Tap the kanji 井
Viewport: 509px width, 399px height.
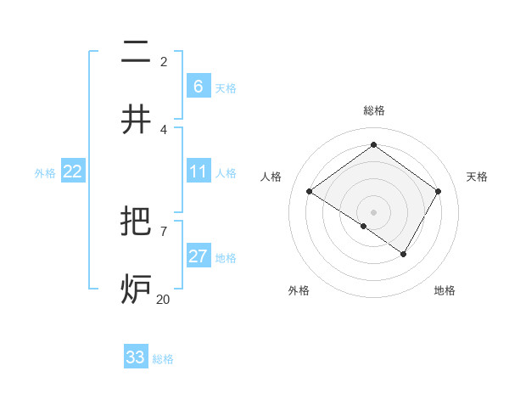(x=136, y=120)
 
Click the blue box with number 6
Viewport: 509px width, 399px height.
(x=198, y=87)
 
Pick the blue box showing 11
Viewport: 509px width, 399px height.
(x=198, y=172)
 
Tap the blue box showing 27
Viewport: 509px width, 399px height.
(x=198, y=256)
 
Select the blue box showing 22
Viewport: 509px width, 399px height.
(x=72, y=171)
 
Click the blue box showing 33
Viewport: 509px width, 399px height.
(x=136, y=357)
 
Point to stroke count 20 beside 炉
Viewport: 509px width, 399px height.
(x=162, y=298)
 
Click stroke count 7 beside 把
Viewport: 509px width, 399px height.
(x=163, y=230)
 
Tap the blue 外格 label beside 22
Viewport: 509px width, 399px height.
(x=45, y=173)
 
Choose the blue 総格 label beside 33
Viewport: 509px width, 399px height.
(x=163, y=359)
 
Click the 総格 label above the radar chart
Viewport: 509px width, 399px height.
(x=373, y=110)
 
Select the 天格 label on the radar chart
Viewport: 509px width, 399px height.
(x=477, y=177)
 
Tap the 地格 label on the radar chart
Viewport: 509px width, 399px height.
(x=445, y=290)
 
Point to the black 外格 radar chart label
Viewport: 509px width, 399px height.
(x=299, y=290)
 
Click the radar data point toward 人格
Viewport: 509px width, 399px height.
(x=310, y=192)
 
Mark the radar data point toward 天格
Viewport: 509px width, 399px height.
(x=438, y=192)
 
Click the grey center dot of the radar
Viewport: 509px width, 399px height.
(x=373, y=211)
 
